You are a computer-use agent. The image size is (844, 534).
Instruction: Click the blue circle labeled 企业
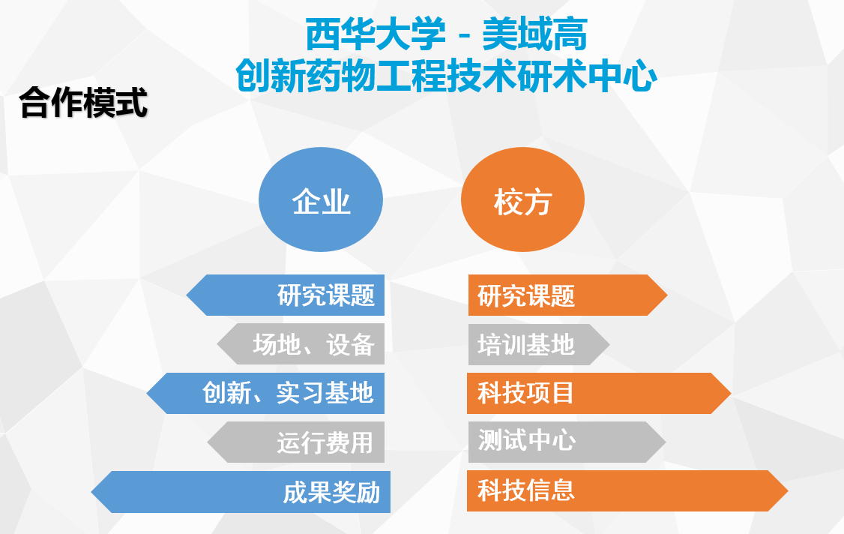[x=321, y=199]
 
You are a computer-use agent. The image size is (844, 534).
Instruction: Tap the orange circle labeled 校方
[x=522, y=199]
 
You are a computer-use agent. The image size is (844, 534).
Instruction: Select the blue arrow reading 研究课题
[x=286, y=295]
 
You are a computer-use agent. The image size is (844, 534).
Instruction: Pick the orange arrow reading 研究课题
[x=568, y=295]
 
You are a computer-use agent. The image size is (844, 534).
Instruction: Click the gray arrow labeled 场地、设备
[x=301, y=343]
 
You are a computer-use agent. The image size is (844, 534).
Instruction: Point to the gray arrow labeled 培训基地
[x=539, y=343]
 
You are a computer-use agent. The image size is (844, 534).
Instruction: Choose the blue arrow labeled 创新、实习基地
[x=265, y=393]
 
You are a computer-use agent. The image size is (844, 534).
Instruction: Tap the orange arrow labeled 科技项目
[x=599, y=393]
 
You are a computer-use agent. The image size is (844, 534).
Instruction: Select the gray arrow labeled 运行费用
[x=296, y=442]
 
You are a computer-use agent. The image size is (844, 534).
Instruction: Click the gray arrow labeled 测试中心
[x=567, y=442]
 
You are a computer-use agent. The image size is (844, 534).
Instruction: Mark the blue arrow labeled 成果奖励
[x=241, y=492]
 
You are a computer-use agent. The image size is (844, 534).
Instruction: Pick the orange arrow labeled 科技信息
[x=627, y=491]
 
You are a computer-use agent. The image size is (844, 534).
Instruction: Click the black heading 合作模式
[x=83, y=103]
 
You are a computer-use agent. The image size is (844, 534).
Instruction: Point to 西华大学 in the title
[x=376, y=34]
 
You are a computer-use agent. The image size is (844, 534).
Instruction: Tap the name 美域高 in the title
[x=534, y=34]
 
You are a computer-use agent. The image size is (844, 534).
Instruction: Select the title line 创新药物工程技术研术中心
[x=446, y=76]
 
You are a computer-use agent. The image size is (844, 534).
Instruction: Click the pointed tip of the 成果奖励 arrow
[x=91, y=492]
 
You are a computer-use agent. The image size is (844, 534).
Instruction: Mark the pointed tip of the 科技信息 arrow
[x=788, y=491]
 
